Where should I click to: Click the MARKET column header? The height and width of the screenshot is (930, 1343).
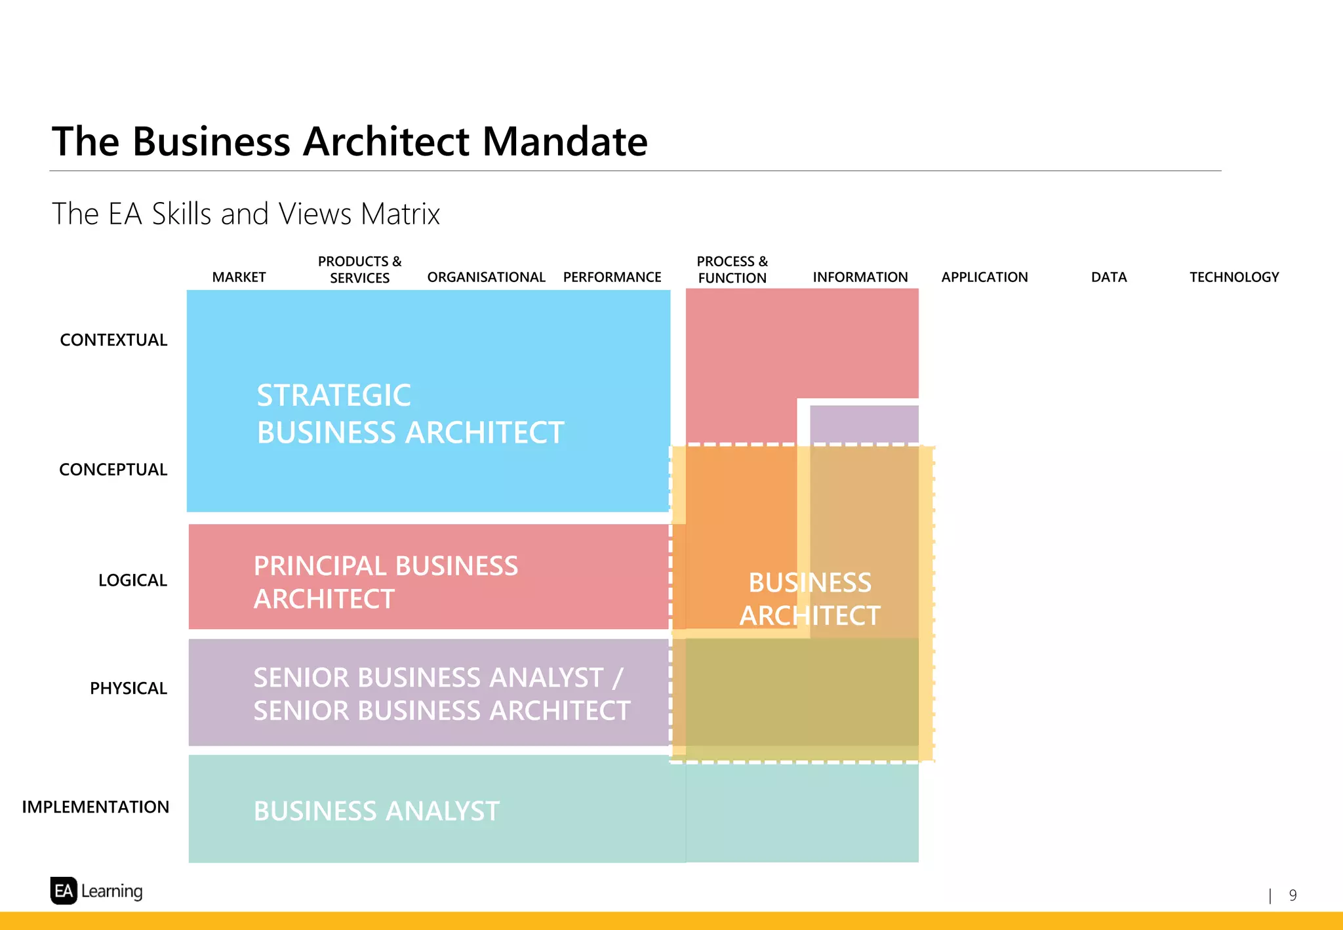tap(239, 277)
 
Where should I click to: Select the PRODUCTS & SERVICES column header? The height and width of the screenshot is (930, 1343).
tap(359, 270)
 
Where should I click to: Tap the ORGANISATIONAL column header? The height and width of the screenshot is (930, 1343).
tap(486, 277)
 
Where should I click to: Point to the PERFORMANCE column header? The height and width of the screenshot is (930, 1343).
tap(612, 277)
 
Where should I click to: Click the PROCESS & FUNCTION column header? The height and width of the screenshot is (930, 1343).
tap(732, 270)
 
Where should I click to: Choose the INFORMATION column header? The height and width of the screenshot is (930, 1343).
tap(860, 277)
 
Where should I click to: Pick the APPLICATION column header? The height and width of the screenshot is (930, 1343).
tap(984, 277)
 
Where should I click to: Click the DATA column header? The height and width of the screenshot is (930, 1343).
tap(1108, 277)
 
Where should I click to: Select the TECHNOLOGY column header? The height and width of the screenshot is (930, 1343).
tap(1234, 277)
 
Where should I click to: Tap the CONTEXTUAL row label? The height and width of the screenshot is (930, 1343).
tap(113, 340)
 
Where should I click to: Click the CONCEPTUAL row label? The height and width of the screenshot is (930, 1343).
tap(113, 470)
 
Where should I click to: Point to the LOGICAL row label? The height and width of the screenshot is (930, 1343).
tap(132, 580)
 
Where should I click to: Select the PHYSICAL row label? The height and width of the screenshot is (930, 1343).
tap(129, 689)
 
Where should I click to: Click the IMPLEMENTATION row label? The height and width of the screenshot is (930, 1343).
tap(96, 807)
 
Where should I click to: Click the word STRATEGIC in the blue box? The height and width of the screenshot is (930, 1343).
tap(334, 395)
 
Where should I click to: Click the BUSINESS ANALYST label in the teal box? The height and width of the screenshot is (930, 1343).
tap(376, 811)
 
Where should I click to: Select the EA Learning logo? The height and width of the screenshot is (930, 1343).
tap(96, 891)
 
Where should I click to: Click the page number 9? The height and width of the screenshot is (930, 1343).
tap(1293, 895)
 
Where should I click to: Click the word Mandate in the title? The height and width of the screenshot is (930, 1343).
tap(565, 142)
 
